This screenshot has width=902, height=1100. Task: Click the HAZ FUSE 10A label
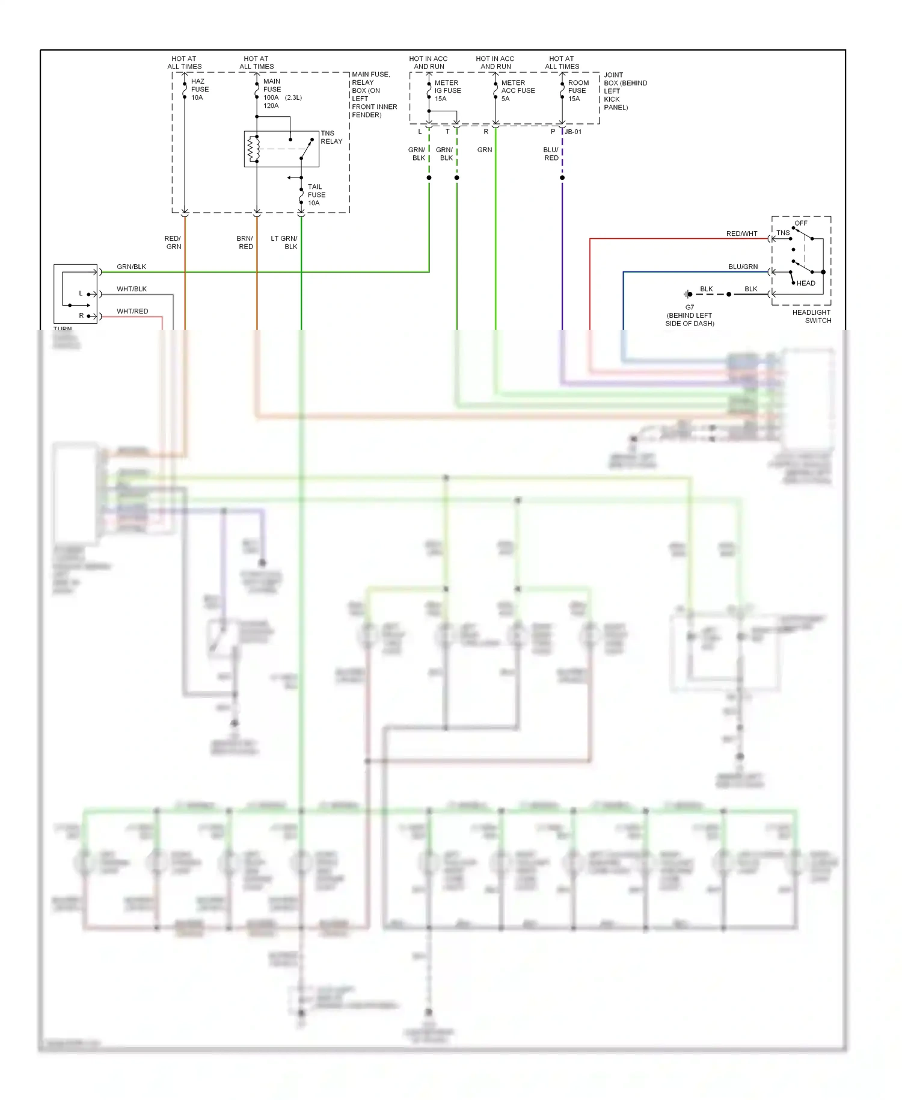click(x=200, y=89)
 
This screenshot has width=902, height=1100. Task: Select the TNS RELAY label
click(x=331, y=137)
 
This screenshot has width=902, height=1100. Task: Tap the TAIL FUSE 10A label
click(x=316, y=195)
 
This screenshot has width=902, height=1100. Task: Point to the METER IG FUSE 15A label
click(x=447, y=91)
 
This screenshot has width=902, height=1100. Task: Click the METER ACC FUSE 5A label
click(x=517, y=91)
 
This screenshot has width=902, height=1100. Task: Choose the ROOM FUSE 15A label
click(x=578, y=91)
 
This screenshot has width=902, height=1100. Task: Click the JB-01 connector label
click(x=573, y=132)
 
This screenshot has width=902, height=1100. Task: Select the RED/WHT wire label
click(x=741, y=233)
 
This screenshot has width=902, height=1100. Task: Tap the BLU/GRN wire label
click(x=743, y=267)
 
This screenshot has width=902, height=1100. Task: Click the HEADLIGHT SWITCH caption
click(x=811, y=317)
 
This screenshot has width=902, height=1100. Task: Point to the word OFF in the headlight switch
click(x=800, y=223)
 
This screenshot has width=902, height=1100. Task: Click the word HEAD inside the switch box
click(x=806, y=283)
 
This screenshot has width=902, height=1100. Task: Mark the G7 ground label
click(x=689, y=307)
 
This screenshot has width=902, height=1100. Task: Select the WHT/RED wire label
click(x=132, y=311)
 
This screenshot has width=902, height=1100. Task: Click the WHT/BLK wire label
click(x=132, y=289)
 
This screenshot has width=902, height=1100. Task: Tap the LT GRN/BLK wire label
click(x=284, y=243)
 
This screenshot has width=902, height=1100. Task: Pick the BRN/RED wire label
click(x=245, y=243)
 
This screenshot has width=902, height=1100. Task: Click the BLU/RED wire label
click(x=551, y=154)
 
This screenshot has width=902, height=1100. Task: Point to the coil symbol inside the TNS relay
click(x=254, y=149)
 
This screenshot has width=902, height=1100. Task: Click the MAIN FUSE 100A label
click(x=272, y=93)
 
